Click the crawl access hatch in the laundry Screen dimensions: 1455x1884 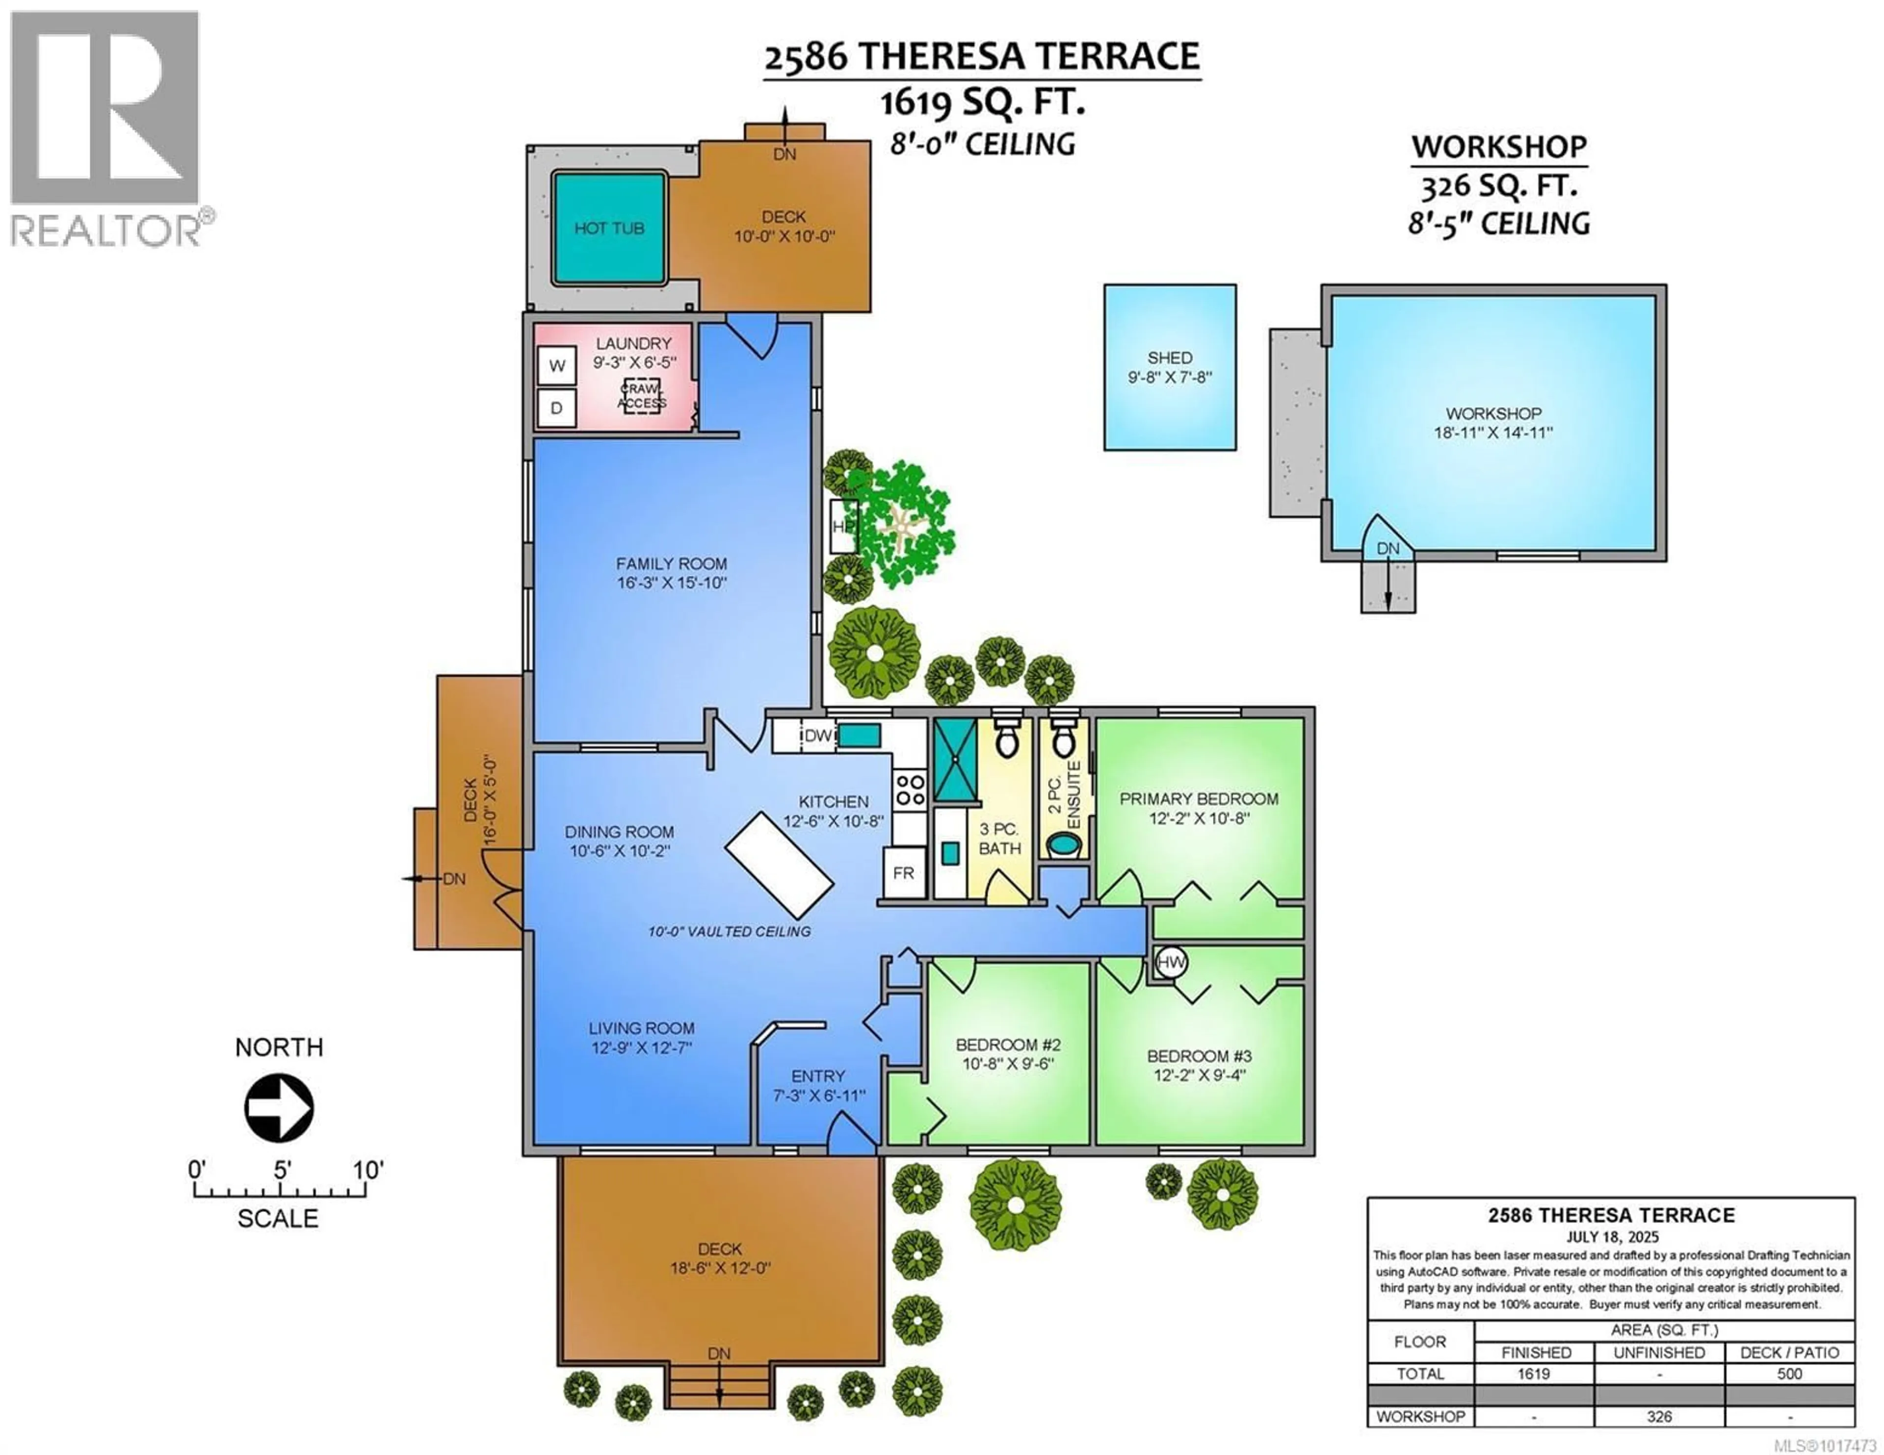pos(642,396)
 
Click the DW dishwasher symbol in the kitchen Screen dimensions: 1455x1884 pos(817,736)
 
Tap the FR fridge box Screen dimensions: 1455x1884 pos(903,873)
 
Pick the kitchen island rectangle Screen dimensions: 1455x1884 pos(779,864)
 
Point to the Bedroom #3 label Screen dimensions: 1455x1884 pos(1199,1056)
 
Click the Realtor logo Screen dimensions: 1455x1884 pos(105,129)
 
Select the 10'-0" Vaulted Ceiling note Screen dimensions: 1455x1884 pos(729,931)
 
